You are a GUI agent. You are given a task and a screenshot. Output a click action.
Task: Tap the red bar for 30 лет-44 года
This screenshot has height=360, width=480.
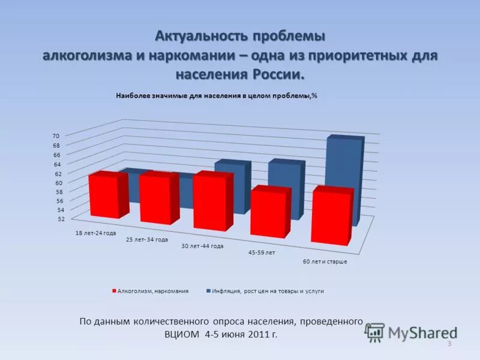[x=209, y=203]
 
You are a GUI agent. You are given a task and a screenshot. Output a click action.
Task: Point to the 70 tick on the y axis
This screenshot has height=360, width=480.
[x=56, y=136]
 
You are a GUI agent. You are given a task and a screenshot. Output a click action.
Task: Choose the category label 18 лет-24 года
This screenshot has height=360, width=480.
[x=95, y=233]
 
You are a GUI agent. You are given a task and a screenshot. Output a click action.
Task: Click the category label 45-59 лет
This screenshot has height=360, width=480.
[x=262, y=253]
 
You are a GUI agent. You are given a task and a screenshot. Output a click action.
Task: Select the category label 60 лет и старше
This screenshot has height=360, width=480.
[x=325, y=262]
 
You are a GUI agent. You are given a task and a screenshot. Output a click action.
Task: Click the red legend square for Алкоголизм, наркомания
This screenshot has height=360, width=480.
[x=113, y=291]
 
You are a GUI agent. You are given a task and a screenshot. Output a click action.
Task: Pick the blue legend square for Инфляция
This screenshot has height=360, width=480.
[x=208, y=291]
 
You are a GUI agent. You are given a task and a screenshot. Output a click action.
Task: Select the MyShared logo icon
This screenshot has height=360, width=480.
[x=375, y=332]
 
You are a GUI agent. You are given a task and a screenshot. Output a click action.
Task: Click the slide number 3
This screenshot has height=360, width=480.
[x=449, y=343]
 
